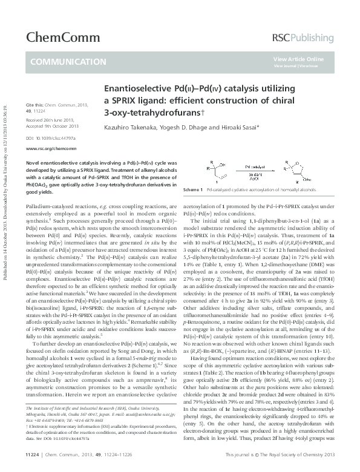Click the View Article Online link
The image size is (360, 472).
(298, 59)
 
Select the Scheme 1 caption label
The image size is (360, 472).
(192, 189)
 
